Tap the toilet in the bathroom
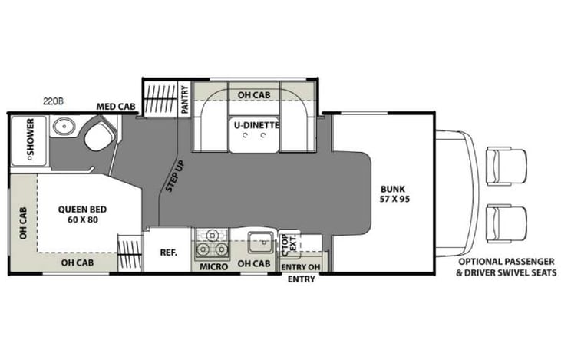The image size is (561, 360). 97,139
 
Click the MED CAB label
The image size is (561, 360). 113,107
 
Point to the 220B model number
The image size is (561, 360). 53,101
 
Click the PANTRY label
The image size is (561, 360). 185,98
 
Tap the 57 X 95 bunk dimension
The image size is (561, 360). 394,200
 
